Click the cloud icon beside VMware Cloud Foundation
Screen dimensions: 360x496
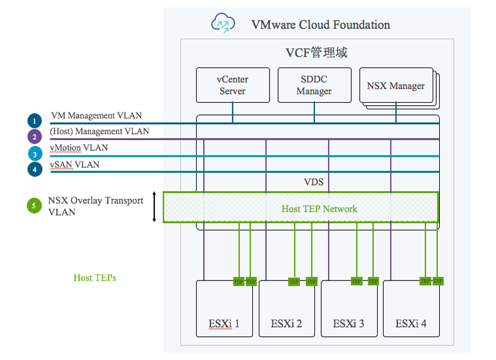(223, 24)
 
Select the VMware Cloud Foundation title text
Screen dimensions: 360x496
(320, 25)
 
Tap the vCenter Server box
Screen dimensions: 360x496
(232, 85)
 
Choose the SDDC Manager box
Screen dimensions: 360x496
(314, 85)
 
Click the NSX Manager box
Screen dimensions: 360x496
(395, 86)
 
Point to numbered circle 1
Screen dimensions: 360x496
(35, 121)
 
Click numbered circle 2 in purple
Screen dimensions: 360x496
(35, 136)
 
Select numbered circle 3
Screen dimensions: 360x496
(35, 154)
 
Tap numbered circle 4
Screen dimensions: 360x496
(35, 170)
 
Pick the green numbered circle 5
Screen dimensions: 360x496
(35, 206)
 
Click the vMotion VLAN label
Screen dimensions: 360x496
(79, 148)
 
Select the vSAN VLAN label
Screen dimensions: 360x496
(75, 164)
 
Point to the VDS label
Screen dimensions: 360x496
(314, 181)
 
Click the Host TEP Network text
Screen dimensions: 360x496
(319, 209)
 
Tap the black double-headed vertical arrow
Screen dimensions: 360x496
(155, 207)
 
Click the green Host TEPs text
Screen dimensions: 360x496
(94, 277)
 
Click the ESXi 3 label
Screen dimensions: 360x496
(348, 324)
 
